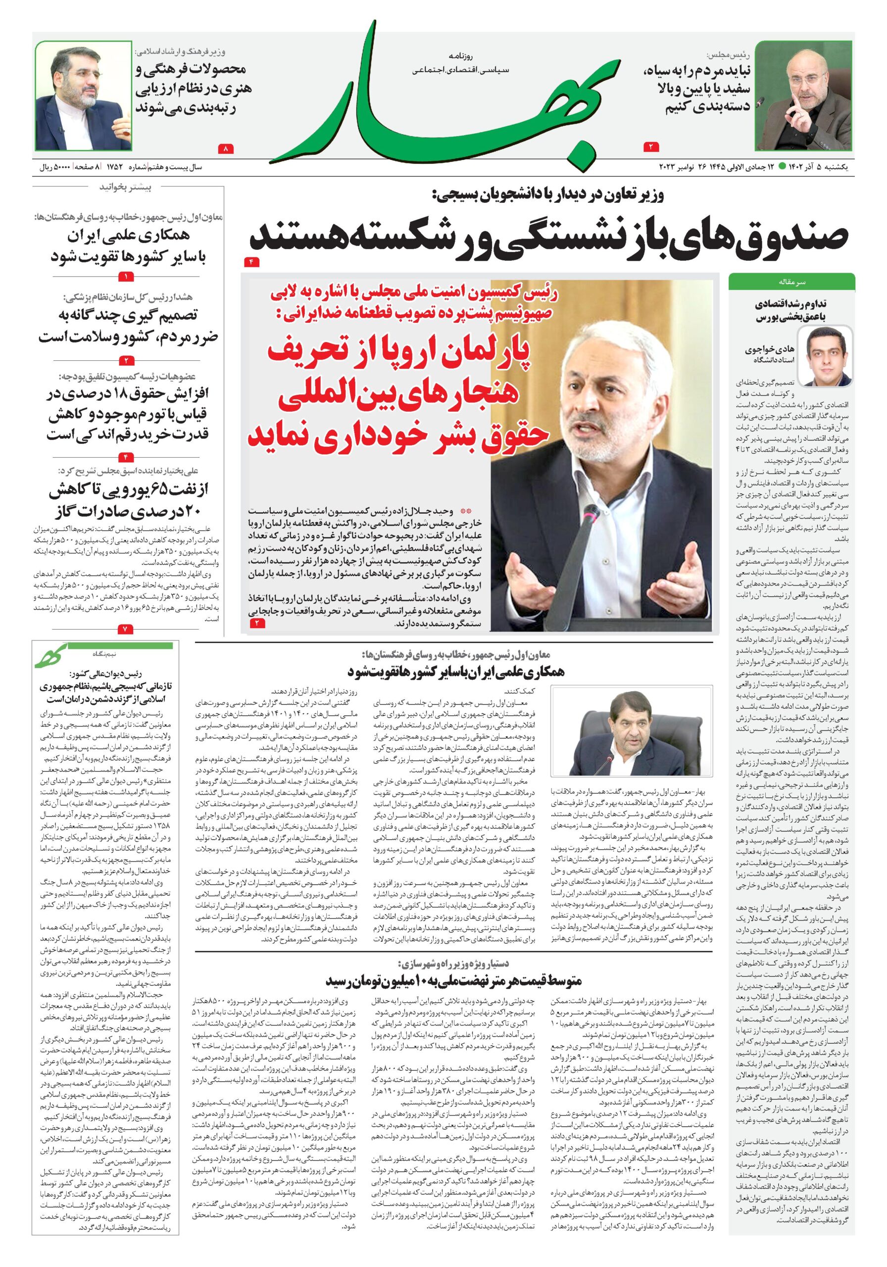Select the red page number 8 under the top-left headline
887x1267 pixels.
click(x=226, y=148)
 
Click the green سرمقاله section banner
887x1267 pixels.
click(x=791, y=282)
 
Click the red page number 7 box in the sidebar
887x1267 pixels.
click(x=125, y=629)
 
